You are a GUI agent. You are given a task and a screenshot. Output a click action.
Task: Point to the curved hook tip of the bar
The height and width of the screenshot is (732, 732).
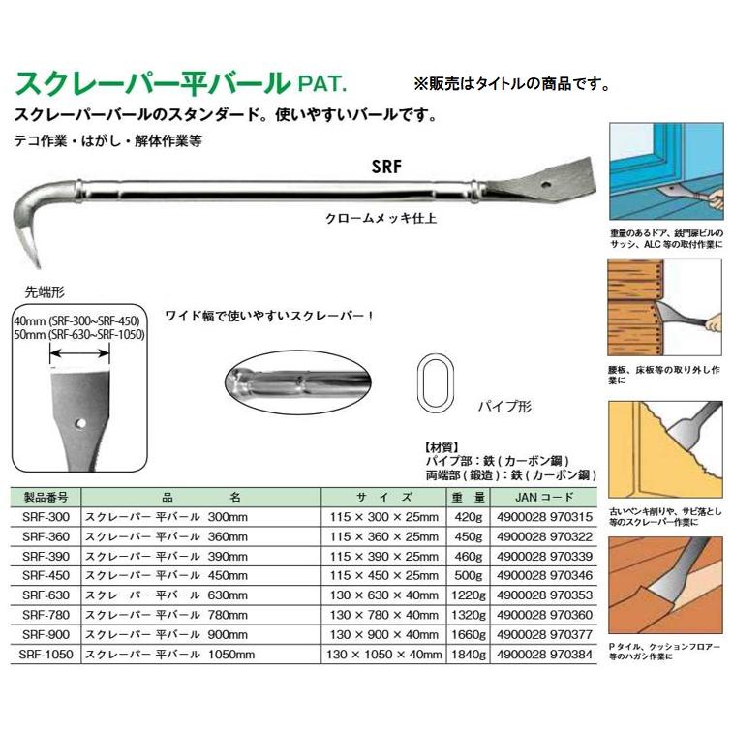click(x=32, y=259)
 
